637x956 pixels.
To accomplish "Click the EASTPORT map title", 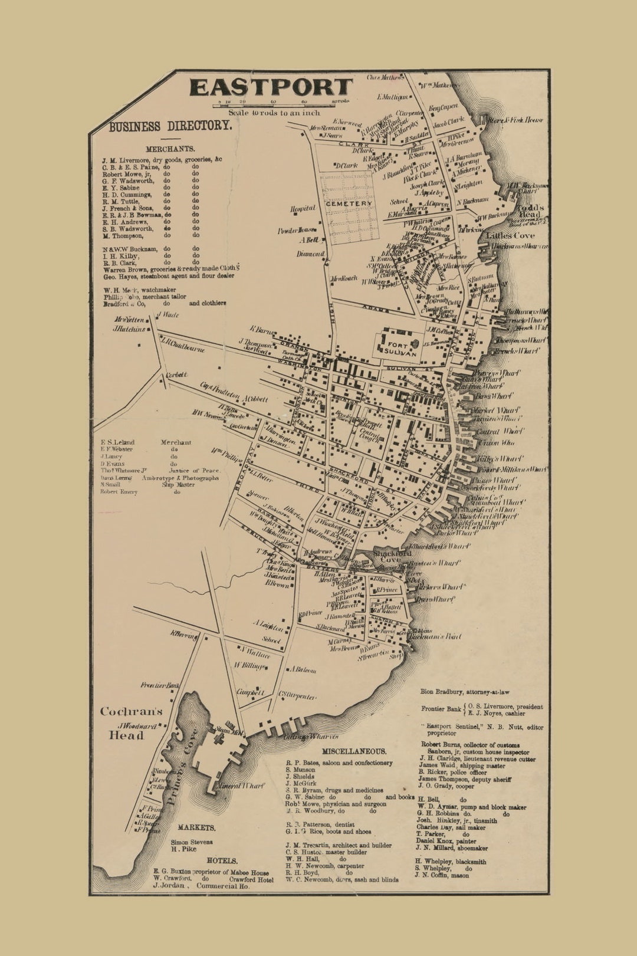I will (x=271, y=87).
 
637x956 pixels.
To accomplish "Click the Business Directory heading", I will (x=170, y=126).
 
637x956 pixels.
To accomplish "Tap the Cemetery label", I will (x=349, y=203).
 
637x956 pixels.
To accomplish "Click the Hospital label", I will (x=303, y=208).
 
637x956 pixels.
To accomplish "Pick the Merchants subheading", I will (x=170, y=149).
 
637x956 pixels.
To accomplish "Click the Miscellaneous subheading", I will (x=354, y=751).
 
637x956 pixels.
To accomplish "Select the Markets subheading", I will (x=196, y=827).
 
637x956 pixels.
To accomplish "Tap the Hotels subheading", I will (x=222, y=860).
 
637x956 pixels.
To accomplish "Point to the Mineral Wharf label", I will (x=239, y=786).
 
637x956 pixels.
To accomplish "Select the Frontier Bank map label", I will (x=160, y=685).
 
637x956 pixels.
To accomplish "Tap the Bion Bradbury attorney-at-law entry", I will (x=465, y=692).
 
